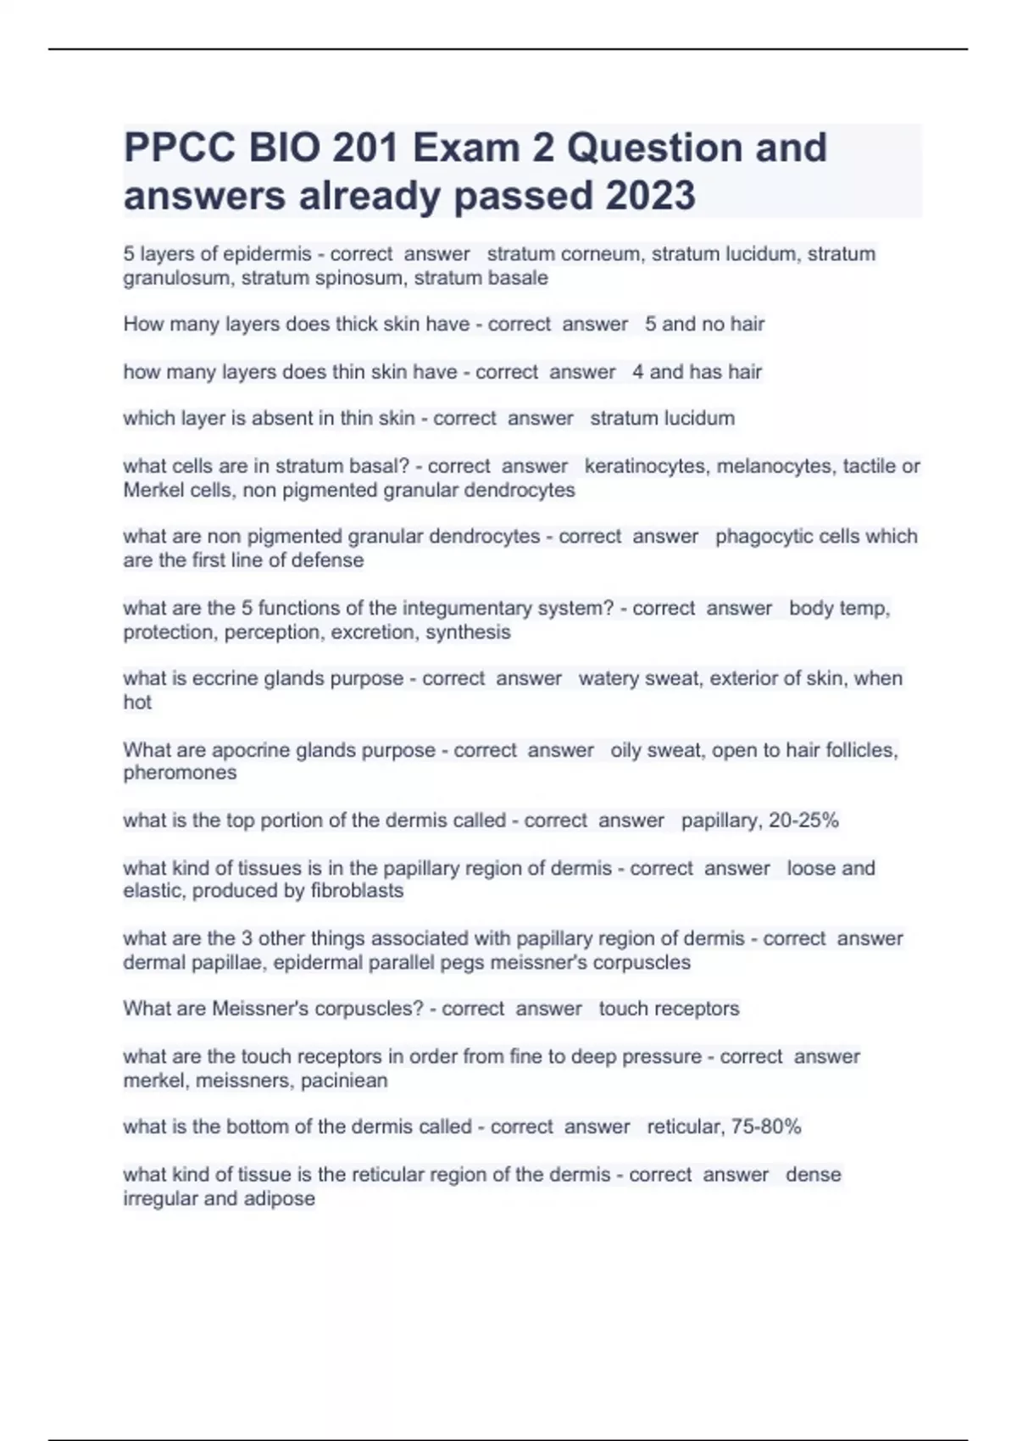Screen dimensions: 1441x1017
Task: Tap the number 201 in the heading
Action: [365, 148]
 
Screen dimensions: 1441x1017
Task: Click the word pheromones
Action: [180, 773]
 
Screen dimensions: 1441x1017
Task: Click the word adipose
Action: [279, 1199]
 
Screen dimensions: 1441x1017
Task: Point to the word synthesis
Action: [468, 632]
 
